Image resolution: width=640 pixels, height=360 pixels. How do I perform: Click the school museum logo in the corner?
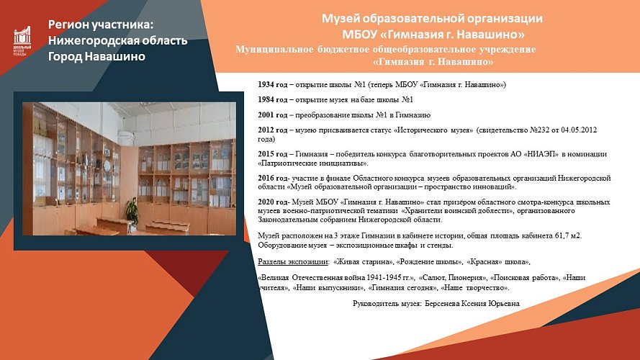[22, 41]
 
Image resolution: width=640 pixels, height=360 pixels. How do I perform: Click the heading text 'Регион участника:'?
[106, 25]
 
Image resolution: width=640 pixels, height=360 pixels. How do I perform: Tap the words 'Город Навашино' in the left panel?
[96, 57]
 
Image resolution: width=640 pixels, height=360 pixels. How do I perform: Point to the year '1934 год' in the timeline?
[273, 84]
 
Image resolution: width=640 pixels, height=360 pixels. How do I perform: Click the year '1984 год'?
[273, 99]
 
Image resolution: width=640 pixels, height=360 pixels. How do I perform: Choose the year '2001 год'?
[273, 114]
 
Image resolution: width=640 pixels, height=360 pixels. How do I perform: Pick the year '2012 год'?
[273, 130]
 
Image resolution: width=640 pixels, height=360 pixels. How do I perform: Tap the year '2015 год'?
[273, 153]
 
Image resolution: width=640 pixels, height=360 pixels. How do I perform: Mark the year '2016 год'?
[273, 177]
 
